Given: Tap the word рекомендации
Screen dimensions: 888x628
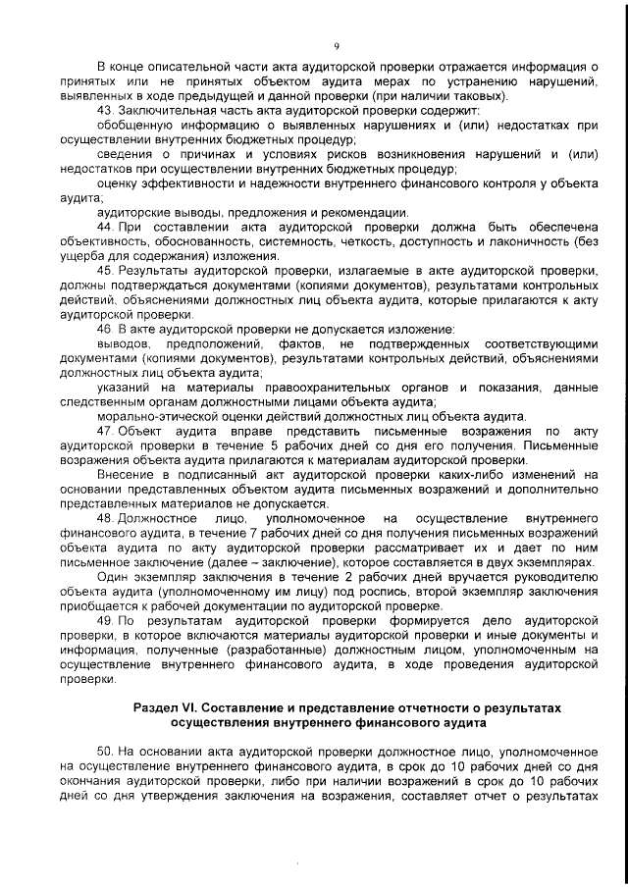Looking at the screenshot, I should [364, 211].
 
